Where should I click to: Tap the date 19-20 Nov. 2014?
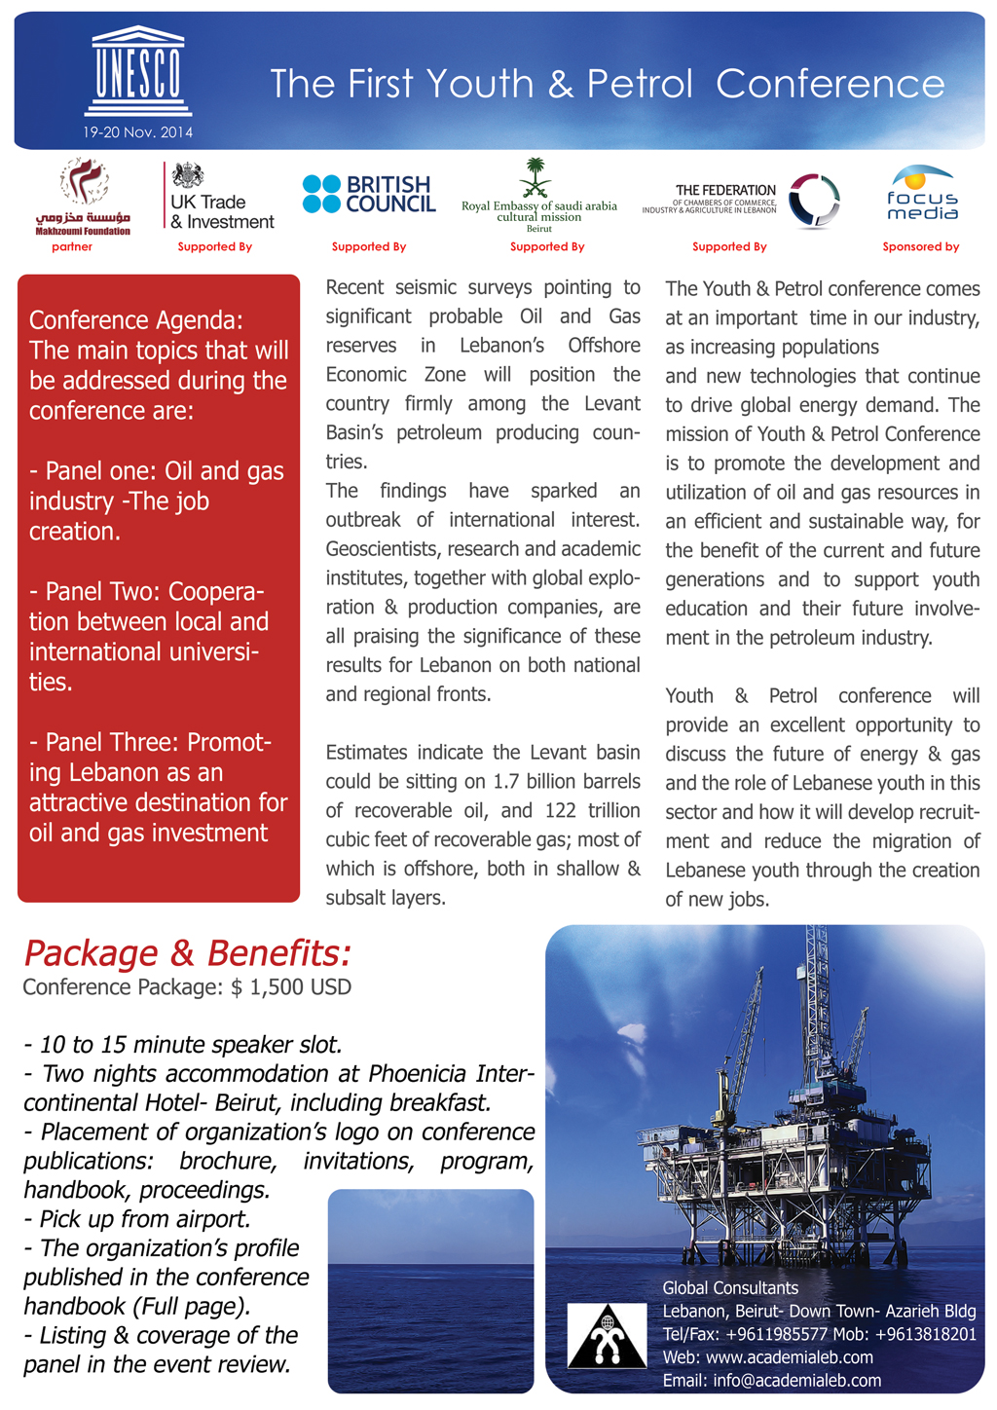click(137, 132)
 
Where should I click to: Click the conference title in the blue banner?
click(607, 84)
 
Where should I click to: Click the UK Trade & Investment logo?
click(218, 198)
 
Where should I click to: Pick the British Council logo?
click(369, 195)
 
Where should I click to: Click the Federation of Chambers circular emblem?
click(813, 201)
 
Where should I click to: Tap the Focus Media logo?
click(921, 193)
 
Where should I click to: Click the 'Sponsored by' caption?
click(920, 247)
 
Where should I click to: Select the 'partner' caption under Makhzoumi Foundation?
click(72, 247)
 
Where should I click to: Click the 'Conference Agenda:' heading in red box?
click(136, 320)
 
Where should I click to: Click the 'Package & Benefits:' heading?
click(187, 952)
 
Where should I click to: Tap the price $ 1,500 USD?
click(291, 987)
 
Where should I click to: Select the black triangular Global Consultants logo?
click(607, 1336)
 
